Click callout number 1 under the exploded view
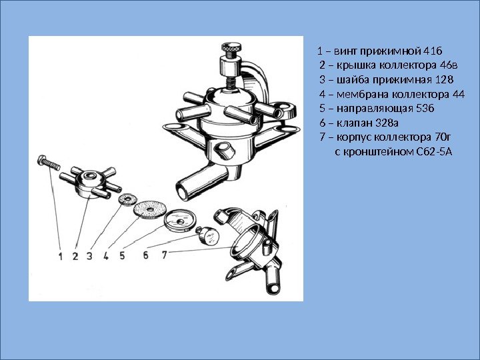click(x=61, y=256)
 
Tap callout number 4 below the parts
click(x=106, y=255)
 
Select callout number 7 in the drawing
click(x=165, y=255)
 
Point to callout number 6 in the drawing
click(x=146, y=255)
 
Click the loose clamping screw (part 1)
click(x=49, y=163)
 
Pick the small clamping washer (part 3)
click(x=127, y=199)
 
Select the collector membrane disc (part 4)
click(x=150, y=209)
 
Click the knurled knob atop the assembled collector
click(x=231, y=47)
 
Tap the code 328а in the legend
click(x=387, y=123)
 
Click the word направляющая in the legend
click(x=375, y=109)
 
